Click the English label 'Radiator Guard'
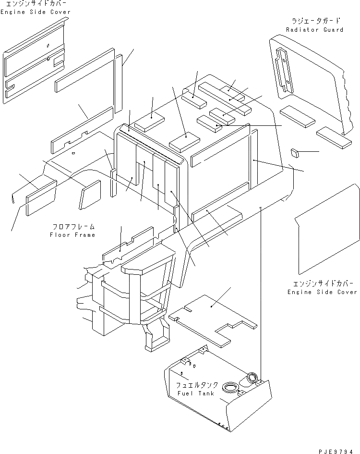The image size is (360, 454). pyautogui.click(x=314, y=30)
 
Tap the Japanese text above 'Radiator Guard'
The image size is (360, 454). pyautogui.click(x=315, y=21)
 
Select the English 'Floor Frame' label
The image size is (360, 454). pyautogui.click(x=72, y=235)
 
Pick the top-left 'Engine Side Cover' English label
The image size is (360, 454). pyautogui.click(x=35, y=12)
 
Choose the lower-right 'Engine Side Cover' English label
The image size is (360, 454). pyautogui.click(x=322, y=292)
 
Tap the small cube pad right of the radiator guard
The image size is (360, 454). pyautogui.click(x=295, y=153)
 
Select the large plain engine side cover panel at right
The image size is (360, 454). pyautogui.click(x=326, y=231)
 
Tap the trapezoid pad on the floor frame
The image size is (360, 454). pyautogui.click(x=90, y=195)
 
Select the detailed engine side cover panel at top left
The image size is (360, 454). pyautogui.click(x=34, y=62)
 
